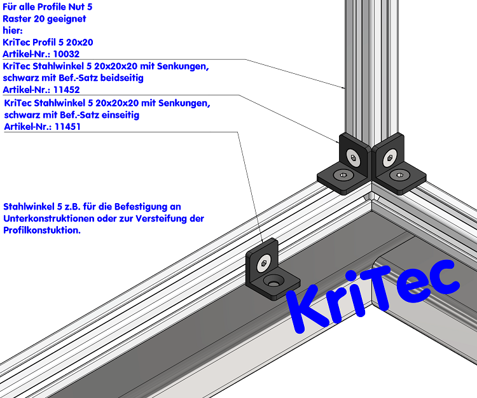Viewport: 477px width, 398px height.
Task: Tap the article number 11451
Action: [67, 127]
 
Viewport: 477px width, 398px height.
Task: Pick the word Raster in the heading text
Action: [18, 18]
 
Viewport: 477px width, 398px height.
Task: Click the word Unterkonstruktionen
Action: [50, 218]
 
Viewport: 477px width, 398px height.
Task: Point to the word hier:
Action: [13, 30]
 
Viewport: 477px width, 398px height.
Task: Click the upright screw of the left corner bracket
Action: [352, 156]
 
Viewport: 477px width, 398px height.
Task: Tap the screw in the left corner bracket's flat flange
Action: [343, 174]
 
